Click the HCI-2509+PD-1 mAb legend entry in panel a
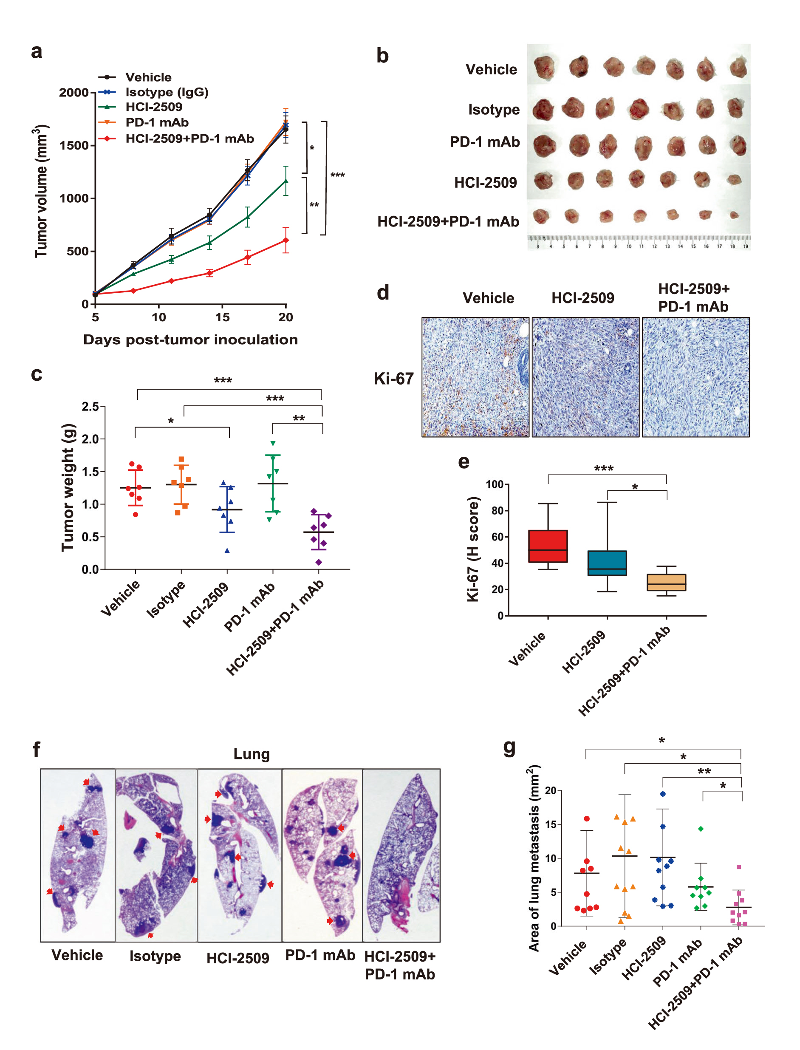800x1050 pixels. [x=189, y=139]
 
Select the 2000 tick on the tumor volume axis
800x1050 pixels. [x=74, y=92]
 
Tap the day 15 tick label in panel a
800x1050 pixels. [x=222, y=317]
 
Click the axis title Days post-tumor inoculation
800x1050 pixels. [x=190, y=340]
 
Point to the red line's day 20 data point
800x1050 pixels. [x=286, y=241]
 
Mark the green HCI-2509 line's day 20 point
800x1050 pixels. [x=286, y=181]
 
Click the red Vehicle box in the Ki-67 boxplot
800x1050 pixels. [x=548, y=546]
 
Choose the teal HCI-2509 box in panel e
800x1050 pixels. [x=607, y=563]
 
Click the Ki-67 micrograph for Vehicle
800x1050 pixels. [x=475, y=377]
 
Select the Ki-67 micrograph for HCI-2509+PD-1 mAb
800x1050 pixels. [x=696, y=377]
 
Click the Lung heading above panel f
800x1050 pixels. [x=252, y=754]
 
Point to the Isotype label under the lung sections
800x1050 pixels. [x=155, y=956]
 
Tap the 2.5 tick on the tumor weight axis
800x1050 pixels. [x=90, y=407]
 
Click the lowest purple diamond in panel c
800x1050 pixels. [x=319, y=562]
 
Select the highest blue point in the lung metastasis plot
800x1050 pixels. [x=662, y=794]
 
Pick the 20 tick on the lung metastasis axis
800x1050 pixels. [x=551, y=791]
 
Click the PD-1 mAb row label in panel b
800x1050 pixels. [x=484, y=142]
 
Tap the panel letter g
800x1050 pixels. [x=509, y=748]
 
